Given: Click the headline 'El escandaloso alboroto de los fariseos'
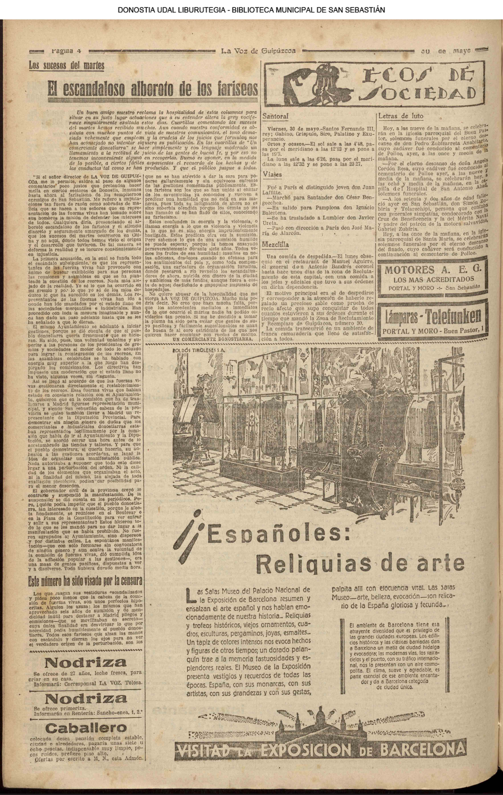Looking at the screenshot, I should pos(153,89).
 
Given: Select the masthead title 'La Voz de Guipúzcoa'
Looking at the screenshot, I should pos(258,51).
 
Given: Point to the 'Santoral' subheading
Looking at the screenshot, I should pos(275,116).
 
